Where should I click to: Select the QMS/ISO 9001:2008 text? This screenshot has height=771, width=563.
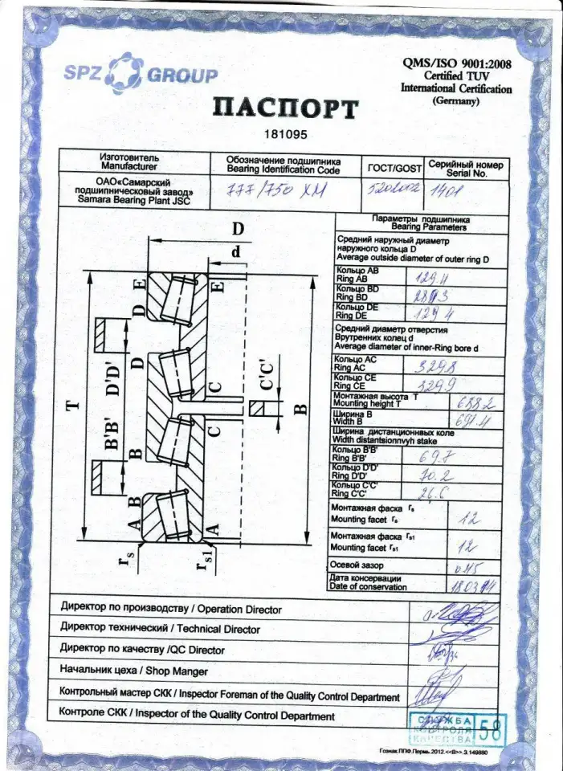click(x=456, y=63)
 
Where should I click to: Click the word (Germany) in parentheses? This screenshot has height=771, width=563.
click(x=455, y=101)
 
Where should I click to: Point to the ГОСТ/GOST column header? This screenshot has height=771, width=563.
click(x=394, y=168)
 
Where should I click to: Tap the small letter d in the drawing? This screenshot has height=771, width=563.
click(x=235, y=251)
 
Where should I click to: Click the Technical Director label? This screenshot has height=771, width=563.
click(x=160, y=630)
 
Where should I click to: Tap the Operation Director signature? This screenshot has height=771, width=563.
click(x=439, y=617)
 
